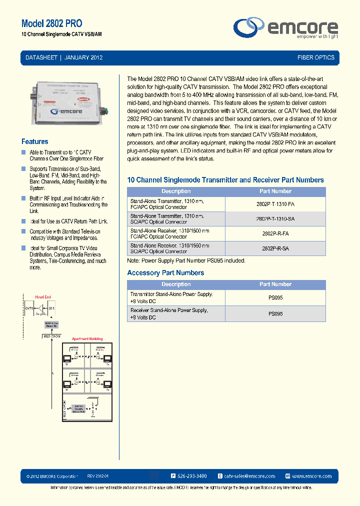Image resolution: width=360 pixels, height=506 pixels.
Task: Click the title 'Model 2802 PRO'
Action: (x=51, y=23)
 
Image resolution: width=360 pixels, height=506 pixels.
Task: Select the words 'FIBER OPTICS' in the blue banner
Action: (x=315, y=57)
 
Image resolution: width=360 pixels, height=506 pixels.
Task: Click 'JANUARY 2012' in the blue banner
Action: (x=83, y=57)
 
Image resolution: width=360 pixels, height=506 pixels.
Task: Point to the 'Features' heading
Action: (x=35, y=141)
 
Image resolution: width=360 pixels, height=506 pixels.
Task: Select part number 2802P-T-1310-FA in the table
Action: (x=275, y=204)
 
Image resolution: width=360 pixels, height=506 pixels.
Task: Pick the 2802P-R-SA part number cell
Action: (x=275, y=248)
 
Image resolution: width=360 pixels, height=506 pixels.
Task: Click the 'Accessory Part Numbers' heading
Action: (x=165, y=273)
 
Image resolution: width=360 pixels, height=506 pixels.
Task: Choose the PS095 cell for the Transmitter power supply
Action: (x=275, y=297)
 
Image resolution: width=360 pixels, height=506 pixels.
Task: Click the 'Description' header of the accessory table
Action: (x=176, y=284)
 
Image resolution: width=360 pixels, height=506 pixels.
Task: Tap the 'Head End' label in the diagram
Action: (x=43, y=297)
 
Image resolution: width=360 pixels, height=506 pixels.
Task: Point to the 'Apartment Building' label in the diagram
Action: (x=87, y=339)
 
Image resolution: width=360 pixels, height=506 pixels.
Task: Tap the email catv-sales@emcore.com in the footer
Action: (x=249, y=476)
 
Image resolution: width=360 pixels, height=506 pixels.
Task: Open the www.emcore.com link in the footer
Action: (x=311, y=476)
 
